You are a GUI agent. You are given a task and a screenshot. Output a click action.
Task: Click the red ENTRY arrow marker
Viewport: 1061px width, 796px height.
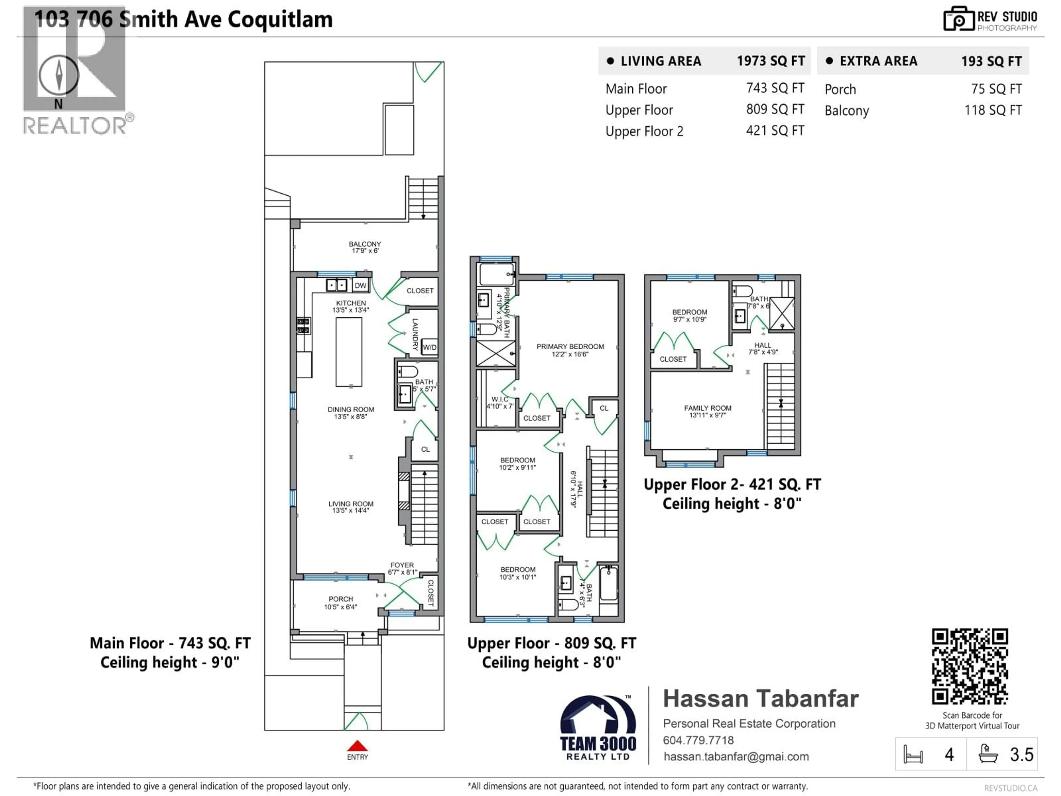pyautogui.click(x=357, y=746)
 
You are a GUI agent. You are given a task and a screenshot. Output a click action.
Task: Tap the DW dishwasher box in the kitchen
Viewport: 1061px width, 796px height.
pyautogui.click(x=360, y=286)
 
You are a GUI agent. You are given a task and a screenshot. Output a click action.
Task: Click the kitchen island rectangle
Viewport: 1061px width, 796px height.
pyautogui.click(x=349, y=352)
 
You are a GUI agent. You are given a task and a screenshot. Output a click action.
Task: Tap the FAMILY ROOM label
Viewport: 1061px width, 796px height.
pyautogui.click(x=708, y=408)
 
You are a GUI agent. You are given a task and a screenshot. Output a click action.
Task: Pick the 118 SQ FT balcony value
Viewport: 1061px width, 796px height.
pyautogui.click(x=993, y=110)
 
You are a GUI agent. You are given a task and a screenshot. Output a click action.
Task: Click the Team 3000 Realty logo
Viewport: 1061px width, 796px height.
pyautogui.click(x=598, y=728)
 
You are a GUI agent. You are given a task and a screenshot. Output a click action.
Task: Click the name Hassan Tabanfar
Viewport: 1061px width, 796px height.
pyautogui.click(x=760, y=699)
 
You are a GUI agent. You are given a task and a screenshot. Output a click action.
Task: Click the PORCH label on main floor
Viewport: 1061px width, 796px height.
pyautogui.click(x=341, y=599)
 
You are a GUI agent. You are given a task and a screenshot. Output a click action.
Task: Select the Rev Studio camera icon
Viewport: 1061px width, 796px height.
pyautogui.click(x=958, y=19)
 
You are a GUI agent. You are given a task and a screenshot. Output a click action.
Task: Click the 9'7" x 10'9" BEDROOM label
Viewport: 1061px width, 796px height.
pyautogui.click(x=689, y=312)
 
